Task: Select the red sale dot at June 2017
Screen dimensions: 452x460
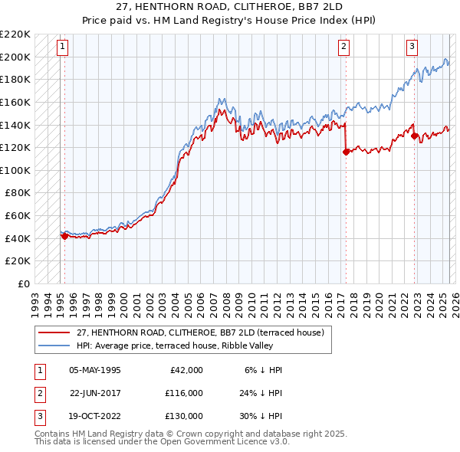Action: click(x=346, y=152)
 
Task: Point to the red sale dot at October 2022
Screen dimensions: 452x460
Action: click(x=415, y=136)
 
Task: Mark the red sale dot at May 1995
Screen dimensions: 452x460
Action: click(x=64, y=236)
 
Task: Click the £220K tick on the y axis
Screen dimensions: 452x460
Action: click(x=16, y=34)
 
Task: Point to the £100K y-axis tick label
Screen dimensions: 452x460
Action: click(x=16, y=170)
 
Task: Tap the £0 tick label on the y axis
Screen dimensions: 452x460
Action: click(x=24, y=283)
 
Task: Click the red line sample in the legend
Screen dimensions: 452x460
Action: click(x=54, y=332)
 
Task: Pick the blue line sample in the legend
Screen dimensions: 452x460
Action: click(x=54, y=346)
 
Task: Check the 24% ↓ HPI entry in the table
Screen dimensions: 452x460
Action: click(x=261, y=392)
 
